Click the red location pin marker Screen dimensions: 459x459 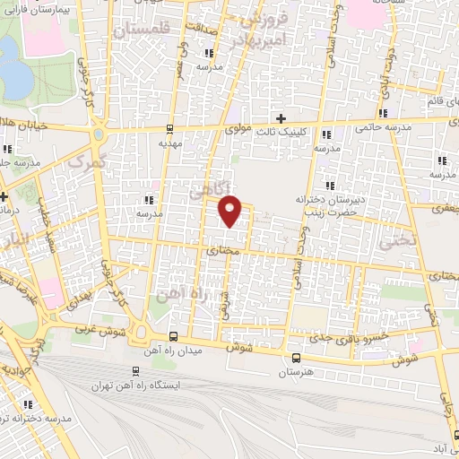pyautogui.click(x=230, y=210)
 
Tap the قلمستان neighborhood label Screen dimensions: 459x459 pyautogui.click(x=143, y=30)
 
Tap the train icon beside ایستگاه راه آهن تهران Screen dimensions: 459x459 pyautogui.click(x=136, y=370)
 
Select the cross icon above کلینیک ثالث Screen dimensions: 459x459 pyautogui.click(x=281, y=118)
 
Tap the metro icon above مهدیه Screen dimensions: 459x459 pyautogui.click(x=170, y=128)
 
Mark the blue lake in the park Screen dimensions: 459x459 pyautogui.click(x=13, y=76)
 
